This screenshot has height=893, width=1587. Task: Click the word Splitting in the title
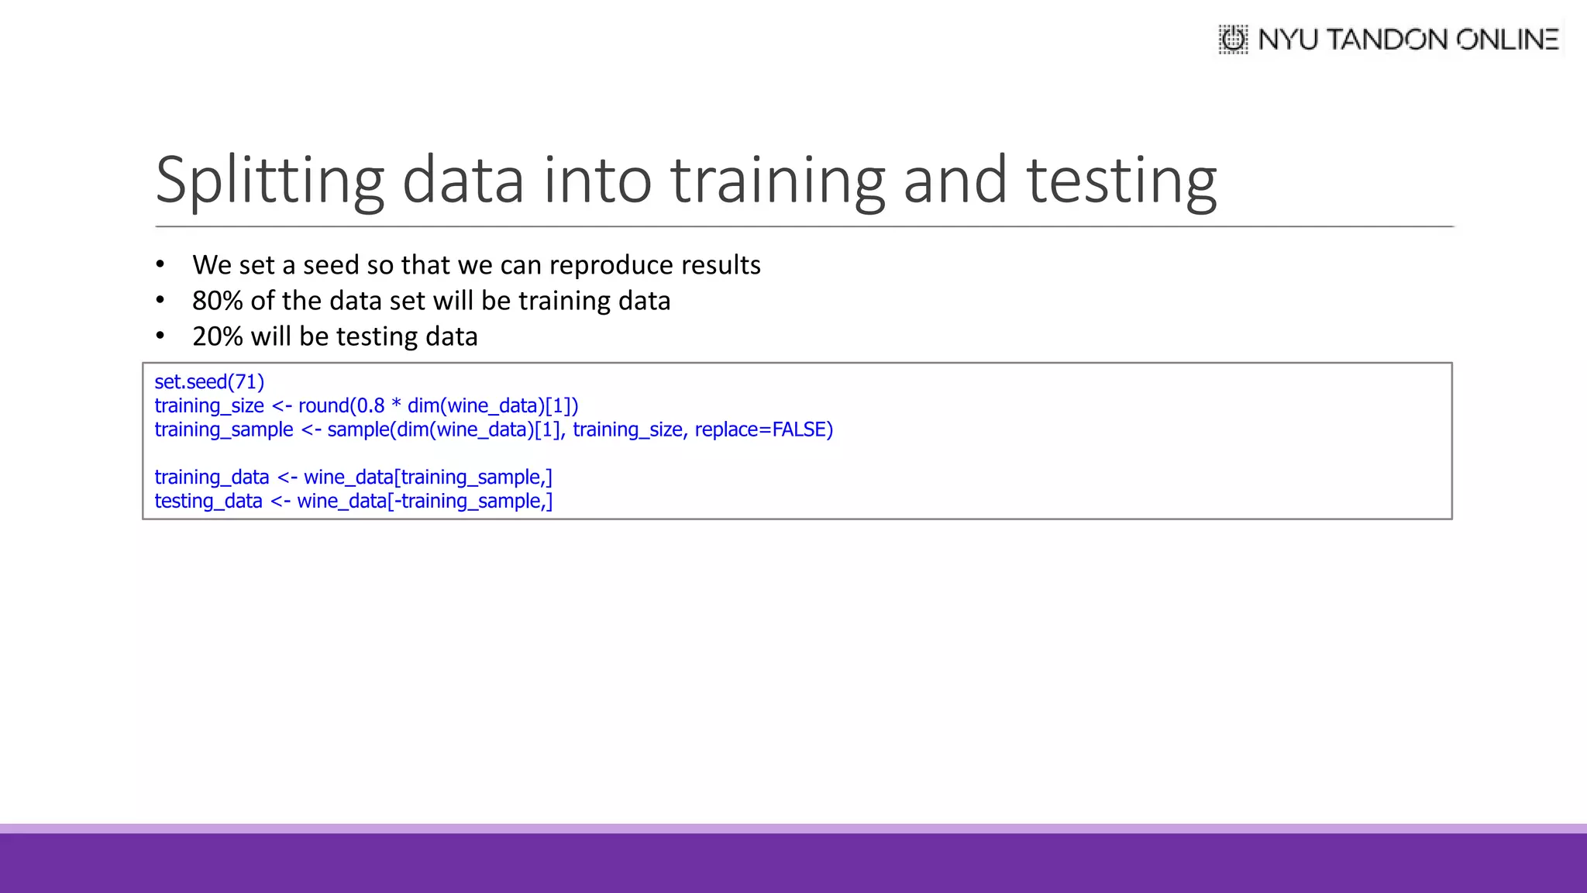(270, 181)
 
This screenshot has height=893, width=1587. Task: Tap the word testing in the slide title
(1121, 181)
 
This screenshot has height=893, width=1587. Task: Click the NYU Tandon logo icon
(1233, 40)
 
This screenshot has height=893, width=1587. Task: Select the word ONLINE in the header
(1507, 40)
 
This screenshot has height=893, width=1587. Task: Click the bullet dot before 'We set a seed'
(160, 265)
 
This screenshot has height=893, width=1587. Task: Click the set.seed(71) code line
(209, 382)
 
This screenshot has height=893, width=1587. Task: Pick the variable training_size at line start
(209, 406)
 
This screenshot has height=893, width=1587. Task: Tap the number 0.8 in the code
(370, 406)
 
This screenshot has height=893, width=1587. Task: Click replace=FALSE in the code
(763, 429)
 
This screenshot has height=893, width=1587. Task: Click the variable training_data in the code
(212, 478)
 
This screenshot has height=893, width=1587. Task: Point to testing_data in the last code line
(208, 502)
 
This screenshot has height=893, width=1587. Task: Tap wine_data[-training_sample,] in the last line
(425, 502)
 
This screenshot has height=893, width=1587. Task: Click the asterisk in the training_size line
(396, 405)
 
